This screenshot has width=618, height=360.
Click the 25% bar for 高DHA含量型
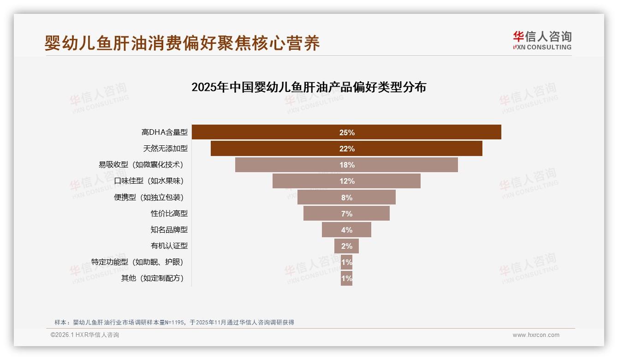point(346,132)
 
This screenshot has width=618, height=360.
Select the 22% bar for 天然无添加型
point(346,149)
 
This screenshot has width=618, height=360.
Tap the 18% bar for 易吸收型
point(346,165)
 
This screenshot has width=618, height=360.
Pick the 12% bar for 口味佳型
point(346,181)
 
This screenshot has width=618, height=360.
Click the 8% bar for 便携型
point(346,197)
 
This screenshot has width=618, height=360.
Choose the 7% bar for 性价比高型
point(346,213)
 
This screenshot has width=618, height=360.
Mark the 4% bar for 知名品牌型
point(346,229)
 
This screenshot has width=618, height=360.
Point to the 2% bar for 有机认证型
point(346,246)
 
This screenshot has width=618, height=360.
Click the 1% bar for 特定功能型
point(346,262)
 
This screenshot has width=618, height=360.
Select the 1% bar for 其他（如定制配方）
point(346,278)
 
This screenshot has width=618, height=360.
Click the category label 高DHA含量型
point(164,132)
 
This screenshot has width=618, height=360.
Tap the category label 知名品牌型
point(169,229)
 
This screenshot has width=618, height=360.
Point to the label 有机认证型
point(169,246)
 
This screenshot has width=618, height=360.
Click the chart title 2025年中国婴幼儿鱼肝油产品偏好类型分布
point(309,87)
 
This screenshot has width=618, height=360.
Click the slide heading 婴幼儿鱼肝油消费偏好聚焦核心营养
point(182,43)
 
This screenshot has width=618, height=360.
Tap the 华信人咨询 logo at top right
point(542,41)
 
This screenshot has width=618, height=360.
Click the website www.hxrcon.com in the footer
point(536,335)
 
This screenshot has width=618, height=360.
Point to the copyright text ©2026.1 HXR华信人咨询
point(85,335)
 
